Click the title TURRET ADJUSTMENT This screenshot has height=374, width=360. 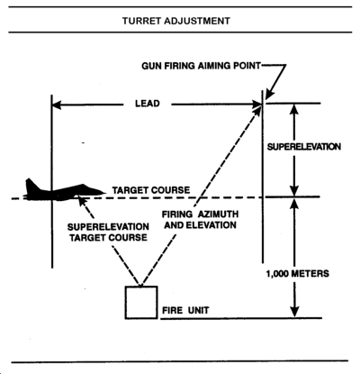pyautogui.click(x=176, y=21)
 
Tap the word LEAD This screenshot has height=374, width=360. pyautogui.click(x=148, y=104)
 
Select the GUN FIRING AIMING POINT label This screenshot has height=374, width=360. pyautogui.click(x=201, y=66)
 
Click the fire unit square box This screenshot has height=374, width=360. pyautogui.click(x=141, y=302)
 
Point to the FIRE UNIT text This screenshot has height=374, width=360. pyautogui.click(x=185, y=310)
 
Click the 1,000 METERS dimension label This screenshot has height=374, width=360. pyautogui.click(x=298, y=274)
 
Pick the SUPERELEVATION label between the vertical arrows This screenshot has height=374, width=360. pyautogui.click(x=304, y=147)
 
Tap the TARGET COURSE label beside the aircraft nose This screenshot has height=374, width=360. pyautogui.click(x=151, y=190)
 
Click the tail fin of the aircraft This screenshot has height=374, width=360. pyautogui.click(x=31, y=185)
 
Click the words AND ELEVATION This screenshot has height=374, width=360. pyautogui.click(x=200, y=225)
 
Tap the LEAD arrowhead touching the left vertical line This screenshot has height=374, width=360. pyautogui.click(x=57, y=105)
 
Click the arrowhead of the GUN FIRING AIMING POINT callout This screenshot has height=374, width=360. pyautogui.click(x=268, y=95)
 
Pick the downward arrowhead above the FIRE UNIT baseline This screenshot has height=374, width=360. pyautogui.click(x=295, y=312)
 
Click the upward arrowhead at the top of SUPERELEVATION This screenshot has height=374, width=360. pyautogui.click(x=294, y=109)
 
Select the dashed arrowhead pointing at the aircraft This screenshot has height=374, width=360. pyautogui.click(x=81, y=199)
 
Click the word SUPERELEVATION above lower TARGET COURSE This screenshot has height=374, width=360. pyautogui.click(x=108, y=227)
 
